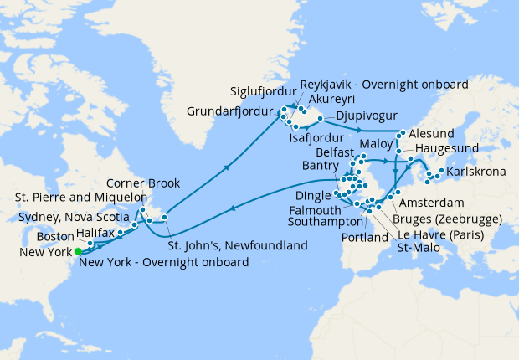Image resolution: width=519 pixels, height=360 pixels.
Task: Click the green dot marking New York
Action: pyautogui.click(x=78, y=250)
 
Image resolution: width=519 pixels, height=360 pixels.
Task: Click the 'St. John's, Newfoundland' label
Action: pyautogui.click(x=237, y=245)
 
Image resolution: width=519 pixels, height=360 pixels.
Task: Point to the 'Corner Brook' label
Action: pyautogui.click(x=144, y=183)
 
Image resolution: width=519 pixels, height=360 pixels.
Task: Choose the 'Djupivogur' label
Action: pyautogui.click(x=366, y=116)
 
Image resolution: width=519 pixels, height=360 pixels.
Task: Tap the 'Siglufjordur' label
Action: pyautogui.click(x=264, y=91)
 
